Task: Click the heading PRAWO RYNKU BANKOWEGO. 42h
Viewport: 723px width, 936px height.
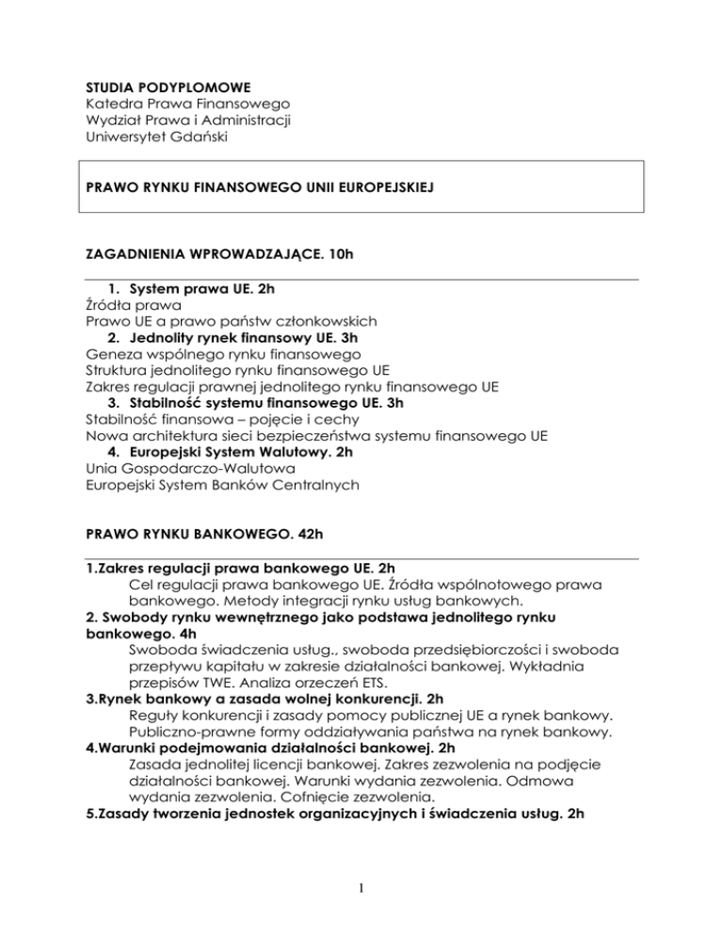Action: point(201,542)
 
